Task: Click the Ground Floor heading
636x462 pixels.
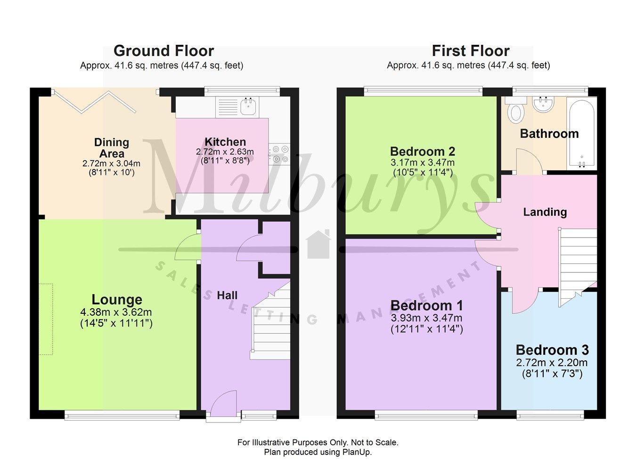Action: [163, 51]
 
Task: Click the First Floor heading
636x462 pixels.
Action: [470, 51]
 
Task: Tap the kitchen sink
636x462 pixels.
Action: [249, 106]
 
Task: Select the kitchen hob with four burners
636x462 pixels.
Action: [279, 154]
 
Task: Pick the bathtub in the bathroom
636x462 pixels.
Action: [581, 133]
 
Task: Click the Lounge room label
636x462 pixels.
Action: [116, 300]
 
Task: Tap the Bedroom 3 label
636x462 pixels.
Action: [552, 350]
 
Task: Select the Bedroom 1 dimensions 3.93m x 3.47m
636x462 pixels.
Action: [426, 318]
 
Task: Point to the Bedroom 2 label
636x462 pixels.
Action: [422, 151]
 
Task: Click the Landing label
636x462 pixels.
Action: [545, 212]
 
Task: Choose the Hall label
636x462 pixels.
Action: [227, 295]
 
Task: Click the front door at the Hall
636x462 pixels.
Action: [223, 405]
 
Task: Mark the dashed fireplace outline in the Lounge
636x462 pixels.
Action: [46, 319]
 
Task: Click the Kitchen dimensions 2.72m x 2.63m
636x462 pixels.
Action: [225, 152]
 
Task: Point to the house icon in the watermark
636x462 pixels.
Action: [318, 244]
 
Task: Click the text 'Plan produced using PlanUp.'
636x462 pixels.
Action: [318, 452]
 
